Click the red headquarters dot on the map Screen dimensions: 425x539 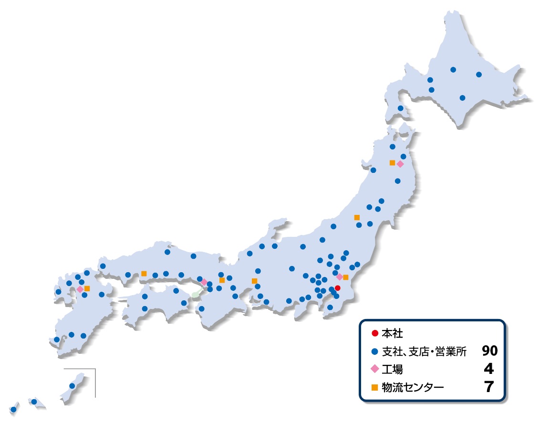337,288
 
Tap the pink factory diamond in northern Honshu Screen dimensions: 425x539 400,164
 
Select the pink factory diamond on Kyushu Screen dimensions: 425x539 80,289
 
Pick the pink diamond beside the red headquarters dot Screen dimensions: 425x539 339,277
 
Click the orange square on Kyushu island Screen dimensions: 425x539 87,288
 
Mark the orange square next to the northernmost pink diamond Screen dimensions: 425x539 392,163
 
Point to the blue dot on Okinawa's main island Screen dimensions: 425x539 72,386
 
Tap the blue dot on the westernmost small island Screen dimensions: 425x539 13,409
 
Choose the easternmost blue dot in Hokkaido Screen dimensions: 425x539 479,74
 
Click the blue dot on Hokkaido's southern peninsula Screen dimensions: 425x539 400,108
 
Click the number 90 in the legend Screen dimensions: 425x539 489,351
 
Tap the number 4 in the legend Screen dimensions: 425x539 488,369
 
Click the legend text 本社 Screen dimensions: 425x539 390,333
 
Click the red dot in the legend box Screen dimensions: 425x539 375,333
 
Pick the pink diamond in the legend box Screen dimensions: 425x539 375,369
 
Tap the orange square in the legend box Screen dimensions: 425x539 375,387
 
